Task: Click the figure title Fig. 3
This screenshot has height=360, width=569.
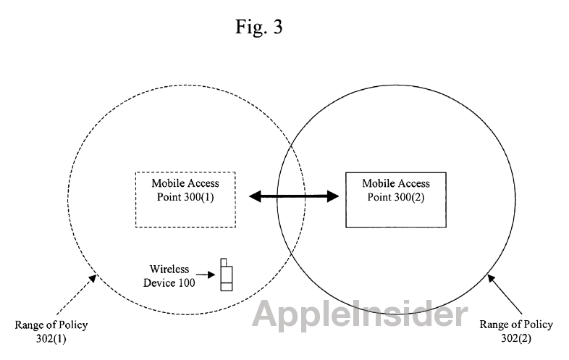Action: [258, 27]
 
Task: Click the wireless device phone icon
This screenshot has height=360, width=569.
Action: [227, 275]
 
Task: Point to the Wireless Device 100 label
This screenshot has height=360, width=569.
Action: [169, 276]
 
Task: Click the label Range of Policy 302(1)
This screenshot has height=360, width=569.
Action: [51, 331]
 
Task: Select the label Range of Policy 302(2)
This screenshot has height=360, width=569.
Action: [516, 331]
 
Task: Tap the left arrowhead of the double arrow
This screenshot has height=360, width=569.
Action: [255, 196]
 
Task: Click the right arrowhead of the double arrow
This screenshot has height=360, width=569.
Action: [333, 196]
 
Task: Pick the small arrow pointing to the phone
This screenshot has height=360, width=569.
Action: [206, 275]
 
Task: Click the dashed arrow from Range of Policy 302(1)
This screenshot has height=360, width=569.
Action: [76, 295]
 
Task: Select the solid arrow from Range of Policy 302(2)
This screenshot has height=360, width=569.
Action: [505, 294]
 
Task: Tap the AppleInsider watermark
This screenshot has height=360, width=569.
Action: [360, 314]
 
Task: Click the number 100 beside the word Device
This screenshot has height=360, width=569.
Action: [187, 282]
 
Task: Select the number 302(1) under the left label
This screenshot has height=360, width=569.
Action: [51, 338]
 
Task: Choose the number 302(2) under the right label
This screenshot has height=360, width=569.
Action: [516, 338]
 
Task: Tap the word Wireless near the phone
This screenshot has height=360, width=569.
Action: [169, 269]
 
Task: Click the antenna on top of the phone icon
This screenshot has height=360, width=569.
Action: [224, 262]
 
